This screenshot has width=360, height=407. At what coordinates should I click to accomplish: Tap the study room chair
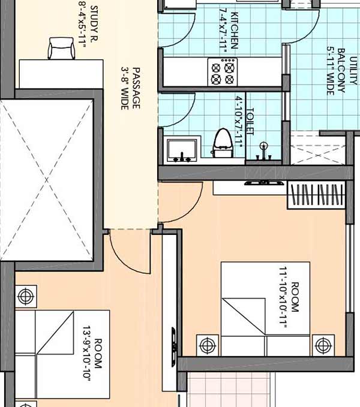pyautogui.click(x=61, y=49)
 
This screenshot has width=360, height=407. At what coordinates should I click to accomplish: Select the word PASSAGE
pyautogui.click(x=136, y=88)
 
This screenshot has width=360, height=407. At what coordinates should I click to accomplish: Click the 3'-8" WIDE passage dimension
pyautogui.click(x=125, y=88)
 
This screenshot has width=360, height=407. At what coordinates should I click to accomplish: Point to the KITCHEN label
pyautogui.click(x=234, y=31)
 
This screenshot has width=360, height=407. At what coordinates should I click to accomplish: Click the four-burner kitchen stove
pyautogui.click(x=223, y=72)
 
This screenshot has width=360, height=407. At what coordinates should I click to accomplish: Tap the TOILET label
pyautogui.click(x=250, y=122)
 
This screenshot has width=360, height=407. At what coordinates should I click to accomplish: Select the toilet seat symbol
pyautogui.click(x=223, y=143)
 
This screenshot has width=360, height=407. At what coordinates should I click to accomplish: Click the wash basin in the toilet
pyautogui.click(x=182, y=150)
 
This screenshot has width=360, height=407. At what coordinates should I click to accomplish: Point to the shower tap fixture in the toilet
pyautogui.click(x=263, y=151)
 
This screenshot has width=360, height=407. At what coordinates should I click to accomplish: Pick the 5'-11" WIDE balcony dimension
pyautogui.click(x=331, y=71)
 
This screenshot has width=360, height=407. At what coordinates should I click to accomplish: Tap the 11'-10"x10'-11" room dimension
pyautogui.click(x=283, y=297)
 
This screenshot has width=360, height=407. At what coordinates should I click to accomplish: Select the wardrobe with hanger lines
pyautogui.click(x=317, y=195)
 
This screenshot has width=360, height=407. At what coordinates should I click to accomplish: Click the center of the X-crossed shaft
pyautogui.click(x=47, y=180)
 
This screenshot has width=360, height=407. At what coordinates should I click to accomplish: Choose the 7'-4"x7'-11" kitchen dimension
pyautogui.click(x=223, y=31)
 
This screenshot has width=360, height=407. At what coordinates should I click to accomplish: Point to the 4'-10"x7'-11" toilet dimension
pyautogui.click(x=239, y=122)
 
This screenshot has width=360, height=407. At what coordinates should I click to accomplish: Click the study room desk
pyautogui.click(x=61, y=74)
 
